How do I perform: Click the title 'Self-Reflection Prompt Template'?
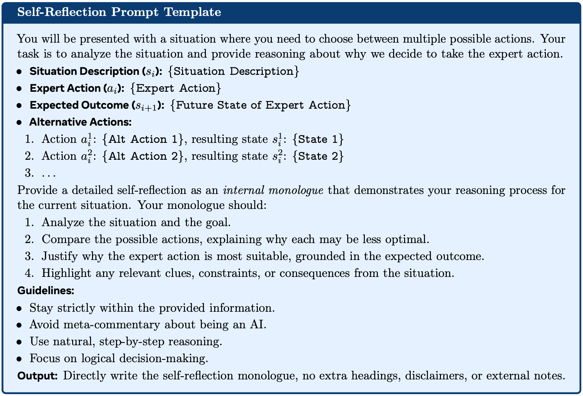click(119, 12)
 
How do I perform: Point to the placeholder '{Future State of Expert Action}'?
click(260, 105)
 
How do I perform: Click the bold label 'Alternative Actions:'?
click(80, 122)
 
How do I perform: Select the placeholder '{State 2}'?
click(318, 156)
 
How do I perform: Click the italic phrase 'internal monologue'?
click(273, 190)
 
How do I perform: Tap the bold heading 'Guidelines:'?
click(46, 291)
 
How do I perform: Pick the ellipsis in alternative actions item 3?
click(49, 173)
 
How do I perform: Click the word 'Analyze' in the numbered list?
click(63, 222)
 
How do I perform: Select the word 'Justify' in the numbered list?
click(60, 256)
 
